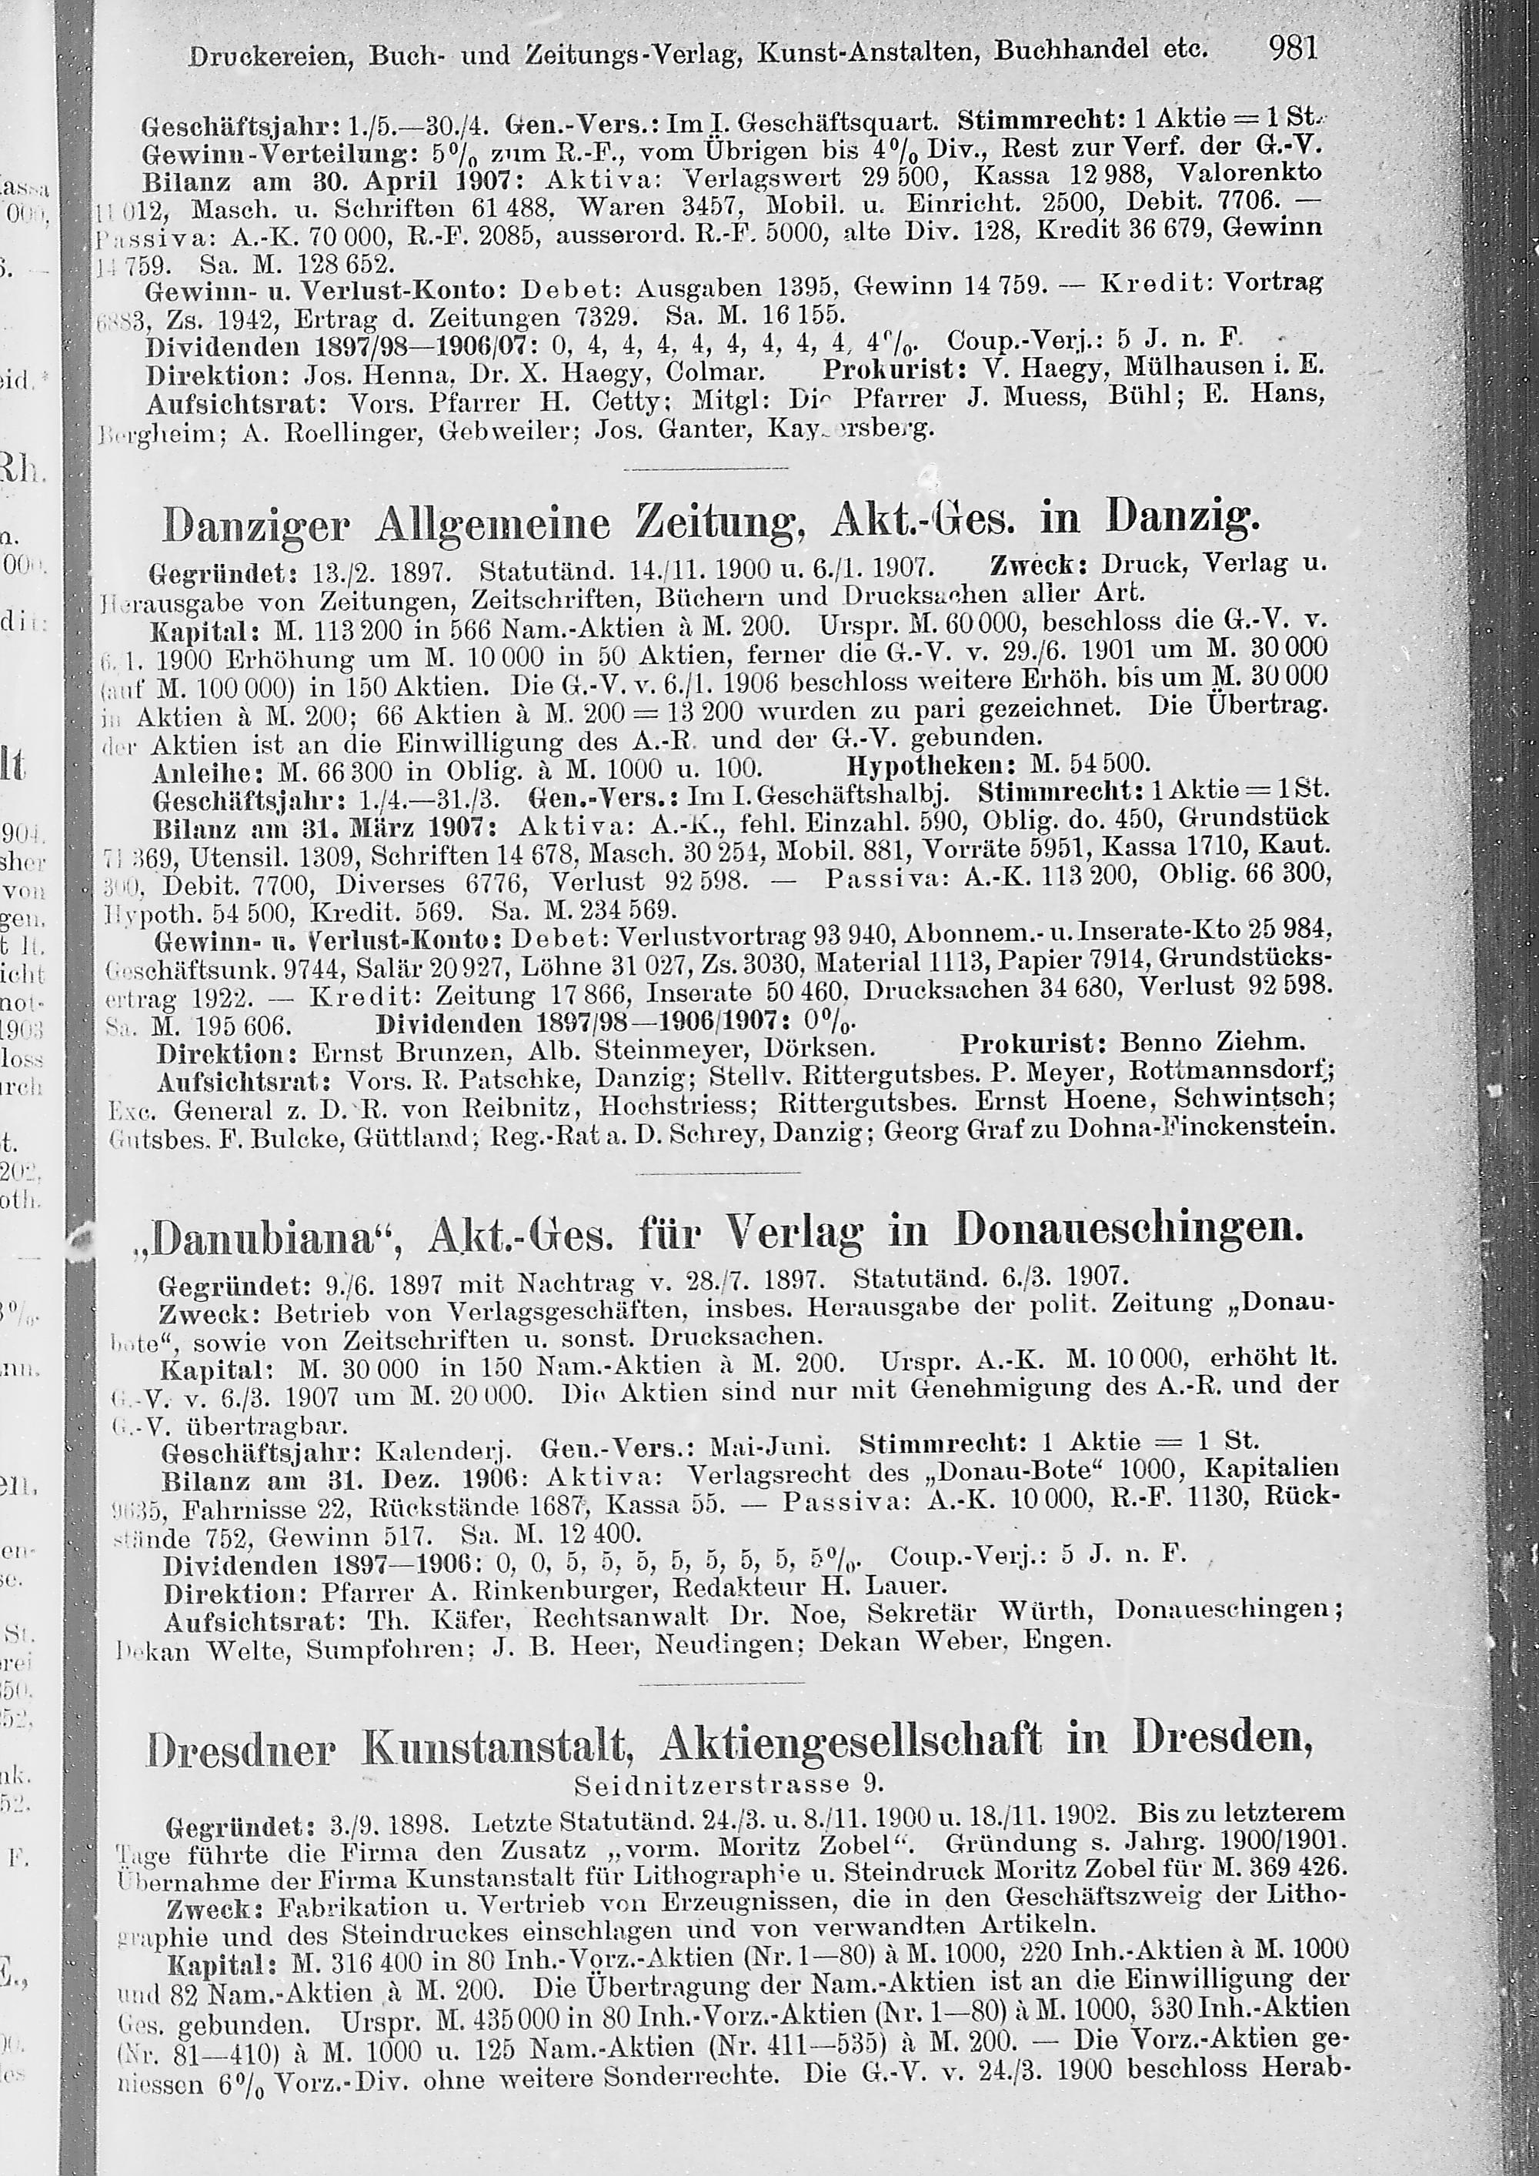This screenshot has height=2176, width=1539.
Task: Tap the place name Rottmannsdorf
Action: [1231, 1072]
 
